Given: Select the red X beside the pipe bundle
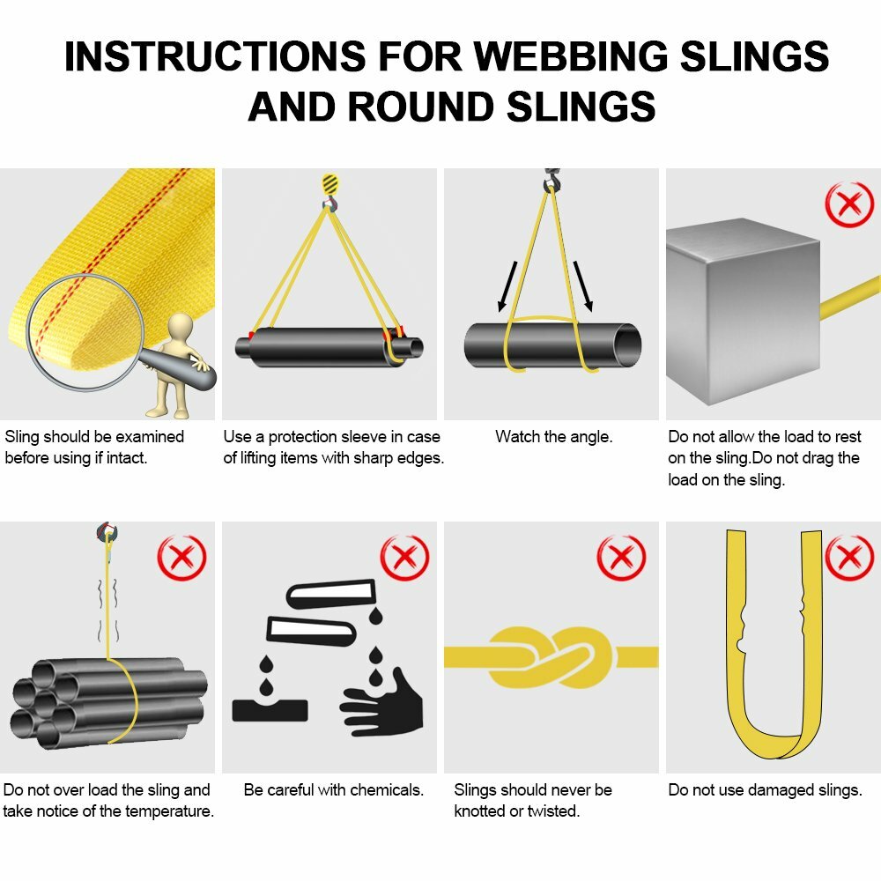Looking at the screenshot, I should (181, 557).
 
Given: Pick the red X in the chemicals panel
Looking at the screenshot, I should (404, 557).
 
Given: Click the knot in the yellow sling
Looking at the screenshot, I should (552, 656).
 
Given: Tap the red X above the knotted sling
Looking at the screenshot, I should (621, 557).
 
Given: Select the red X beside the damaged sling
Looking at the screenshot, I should (848, 557).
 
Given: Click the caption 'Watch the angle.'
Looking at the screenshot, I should (553, 436).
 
